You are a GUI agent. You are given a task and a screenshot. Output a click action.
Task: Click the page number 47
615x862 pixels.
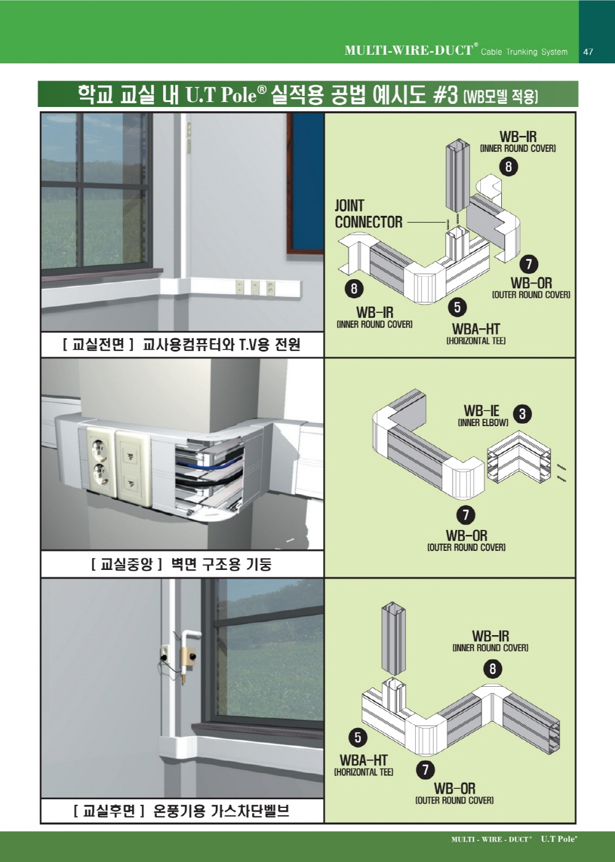pos(588,52)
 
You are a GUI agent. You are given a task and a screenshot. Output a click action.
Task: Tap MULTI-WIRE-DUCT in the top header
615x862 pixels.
pos(409,50)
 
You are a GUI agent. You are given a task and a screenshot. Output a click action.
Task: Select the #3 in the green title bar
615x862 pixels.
pos(445,95)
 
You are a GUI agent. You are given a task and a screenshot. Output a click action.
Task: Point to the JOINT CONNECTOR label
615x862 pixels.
pos(368,213)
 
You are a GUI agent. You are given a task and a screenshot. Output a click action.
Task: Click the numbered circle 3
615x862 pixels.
pos(522,414)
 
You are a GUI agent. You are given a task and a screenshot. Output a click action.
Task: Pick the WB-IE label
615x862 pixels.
pos(482,410)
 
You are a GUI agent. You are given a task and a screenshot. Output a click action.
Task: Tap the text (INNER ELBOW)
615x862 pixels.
pos(483,423)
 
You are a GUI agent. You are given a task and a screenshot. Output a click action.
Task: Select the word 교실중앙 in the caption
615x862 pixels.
pos(126,564)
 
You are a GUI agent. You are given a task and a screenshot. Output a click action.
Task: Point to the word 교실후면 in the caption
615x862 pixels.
pos(109,811)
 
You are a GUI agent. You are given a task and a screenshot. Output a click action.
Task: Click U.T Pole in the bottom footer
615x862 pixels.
pos(558,839)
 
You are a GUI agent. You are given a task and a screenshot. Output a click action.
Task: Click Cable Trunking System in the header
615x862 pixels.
pos(524,52)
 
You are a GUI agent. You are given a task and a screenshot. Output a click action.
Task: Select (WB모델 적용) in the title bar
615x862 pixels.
pos(501,97)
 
